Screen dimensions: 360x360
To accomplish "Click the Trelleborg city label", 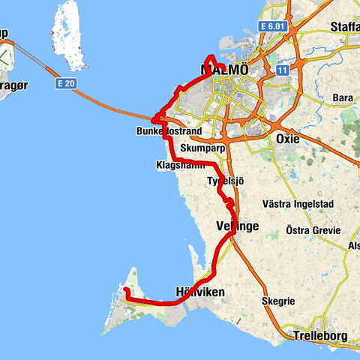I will (x=321, y=336).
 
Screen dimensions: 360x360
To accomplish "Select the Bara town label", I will (x=342, y=97).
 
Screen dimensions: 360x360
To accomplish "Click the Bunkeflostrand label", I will (x=169, y=131).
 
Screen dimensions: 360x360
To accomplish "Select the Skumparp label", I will (x=198, y=148).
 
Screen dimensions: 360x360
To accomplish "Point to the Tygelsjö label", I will (x=225, y=182).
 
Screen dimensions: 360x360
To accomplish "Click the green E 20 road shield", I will (x=65, y=85).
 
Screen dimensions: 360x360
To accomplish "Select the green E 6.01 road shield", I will (x=274, y=26).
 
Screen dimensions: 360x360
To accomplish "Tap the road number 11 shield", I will (x=283, y=70).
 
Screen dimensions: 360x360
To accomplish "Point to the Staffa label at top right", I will (x=344, y=26).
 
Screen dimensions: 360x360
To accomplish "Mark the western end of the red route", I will (x=126, y=289).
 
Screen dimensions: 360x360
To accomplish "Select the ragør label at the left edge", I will (x=10, y=65).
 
